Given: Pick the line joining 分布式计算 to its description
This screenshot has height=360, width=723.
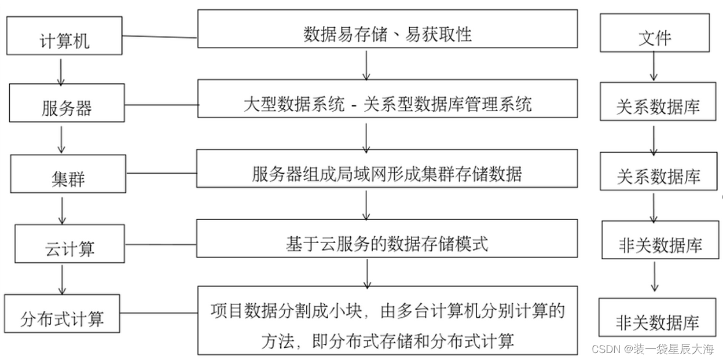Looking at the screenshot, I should tap(159, 313).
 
